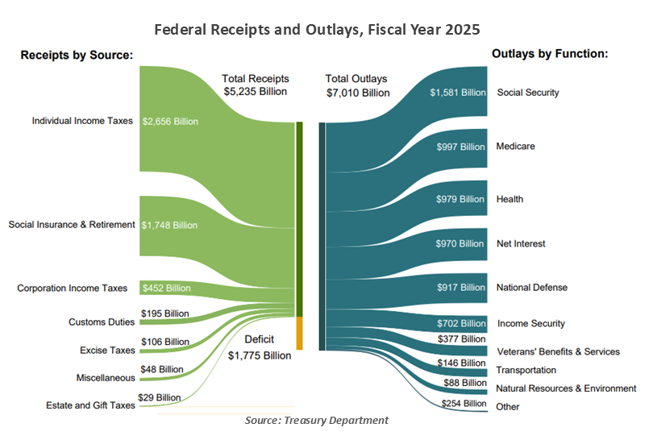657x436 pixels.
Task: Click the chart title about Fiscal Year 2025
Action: (x=317, y=30)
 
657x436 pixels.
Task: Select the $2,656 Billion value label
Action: (x=169, y=122)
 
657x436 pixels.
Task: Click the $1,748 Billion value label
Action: (x=169, y=225)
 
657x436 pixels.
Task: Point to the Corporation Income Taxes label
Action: (x=73, y=288)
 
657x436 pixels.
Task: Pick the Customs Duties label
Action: (x=101, y=322)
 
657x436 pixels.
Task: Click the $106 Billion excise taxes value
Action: (x=165, y=342)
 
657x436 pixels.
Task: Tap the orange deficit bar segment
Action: (x=299, y=333)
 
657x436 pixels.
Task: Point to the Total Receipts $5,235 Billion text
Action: (x=256, y=85)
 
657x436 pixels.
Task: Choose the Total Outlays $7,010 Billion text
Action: (x=357, y=85)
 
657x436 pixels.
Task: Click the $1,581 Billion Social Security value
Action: (x=458, y=93)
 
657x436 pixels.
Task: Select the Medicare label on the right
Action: (x=516, y=147)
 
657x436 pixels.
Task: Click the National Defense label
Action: (x=532, y=287)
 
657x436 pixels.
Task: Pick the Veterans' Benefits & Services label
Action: (x=558, y=351)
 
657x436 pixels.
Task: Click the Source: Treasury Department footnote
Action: (x=317, y=420)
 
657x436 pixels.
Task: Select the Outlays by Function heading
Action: (x=549, y=54)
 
